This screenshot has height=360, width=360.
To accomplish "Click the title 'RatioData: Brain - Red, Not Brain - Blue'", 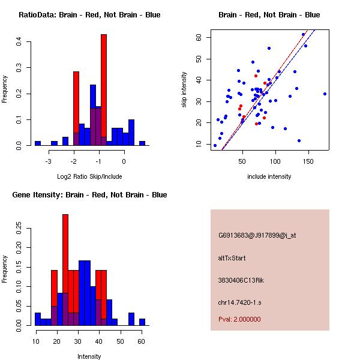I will point(89,15).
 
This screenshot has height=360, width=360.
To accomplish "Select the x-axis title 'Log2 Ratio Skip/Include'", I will point(89,176).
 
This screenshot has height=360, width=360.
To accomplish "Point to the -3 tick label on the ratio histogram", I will point(49,161).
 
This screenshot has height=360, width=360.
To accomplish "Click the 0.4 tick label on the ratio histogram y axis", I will point(20,41).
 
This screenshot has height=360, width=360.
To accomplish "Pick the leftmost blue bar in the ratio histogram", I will point(37,143).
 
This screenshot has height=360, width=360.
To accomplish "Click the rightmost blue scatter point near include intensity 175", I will point(325,94).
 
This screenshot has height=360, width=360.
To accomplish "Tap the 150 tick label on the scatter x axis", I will point(308,161).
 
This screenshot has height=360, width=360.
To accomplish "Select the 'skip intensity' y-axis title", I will point(184,90).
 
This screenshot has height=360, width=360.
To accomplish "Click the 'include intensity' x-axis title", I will point(269,176).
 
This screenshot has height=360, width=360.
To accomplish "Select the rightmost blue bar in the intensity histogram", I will point(142,322).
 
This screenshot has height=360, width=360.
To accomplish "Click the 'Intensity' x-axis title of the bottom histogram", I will point(89,356).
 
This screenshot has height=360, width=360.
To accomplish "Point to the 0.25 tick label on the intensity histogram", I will point(20,228).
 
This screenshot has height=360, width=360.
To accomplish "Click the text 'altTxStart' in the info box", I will point(232,258).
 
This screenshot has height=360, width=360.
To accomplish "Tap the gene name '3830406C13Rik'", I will point(239,280).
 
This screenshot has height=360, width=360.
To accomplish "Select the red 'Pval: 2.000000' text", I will point(239,319).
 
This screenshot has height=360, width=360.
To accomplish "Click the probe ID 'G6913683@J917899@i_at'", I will point(257,235).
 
